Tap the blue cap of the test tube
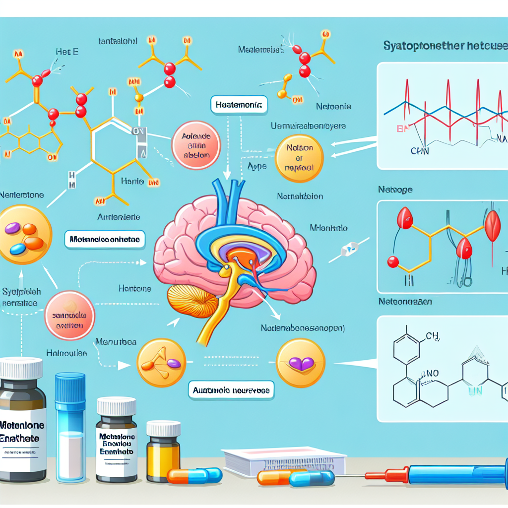70,388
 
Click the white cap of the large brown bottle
21,368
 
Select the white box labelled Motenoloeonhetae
105,240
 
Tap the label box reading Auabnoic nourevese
232,390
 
